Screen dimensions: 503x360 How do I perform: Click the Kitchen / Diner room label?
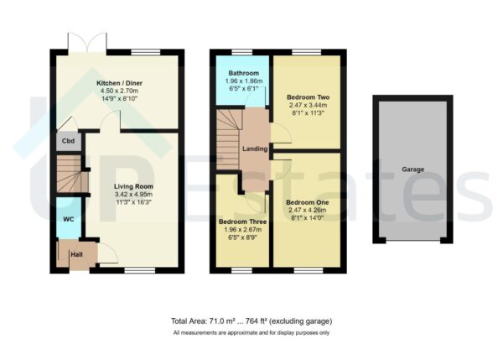click(x=119, y=83)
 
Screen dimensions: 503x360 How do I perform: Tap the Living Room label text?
click(x=133, y=186)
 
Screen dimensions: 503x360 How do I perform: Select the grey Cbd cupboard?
click(x=69, y=141)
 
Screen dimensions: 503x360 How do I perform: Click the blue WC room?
click(x=69, y=218)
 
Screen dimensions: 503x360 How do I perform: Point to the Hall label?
click(x=76, y=254)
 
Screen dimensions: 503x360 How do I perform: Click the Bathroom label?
click(x=243, y=73)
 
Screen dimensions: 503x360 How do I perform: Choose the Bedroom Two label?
click(x=308, y=97)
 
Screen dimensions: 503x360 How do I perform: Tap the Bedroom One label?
click(x=308, y=202)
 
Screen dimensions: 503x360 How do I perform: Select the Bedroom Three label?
click(x=242, y=222)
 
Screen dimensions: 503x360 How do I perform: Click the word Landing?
click(x=255, y=149)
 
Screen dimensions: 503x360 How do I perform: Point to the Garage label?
click(x=412, y=170)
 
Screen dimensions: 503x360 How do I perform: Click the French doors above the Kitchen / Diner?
click(x=87, y=43)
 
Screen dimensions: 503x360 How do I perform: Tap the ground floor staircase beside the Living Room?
click(x=72, y=174)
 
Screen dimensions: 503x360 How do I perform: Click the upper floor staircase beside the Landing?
click(x=229, y=139)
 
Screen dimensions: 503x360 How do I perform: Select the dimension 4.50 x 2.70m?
click(x=119, y=91)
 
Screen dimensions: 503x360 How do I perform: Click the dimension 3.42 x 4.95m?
click(x=133, y=195)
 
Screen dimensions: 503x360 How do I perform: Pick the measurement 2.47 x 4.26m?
click(x=308, y=211)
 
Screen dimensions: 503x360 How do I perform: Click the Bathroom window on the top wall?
click(x=242, y=52)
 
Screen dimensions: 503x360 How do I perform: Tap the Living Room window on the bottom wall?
click(x=139, y=270)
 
